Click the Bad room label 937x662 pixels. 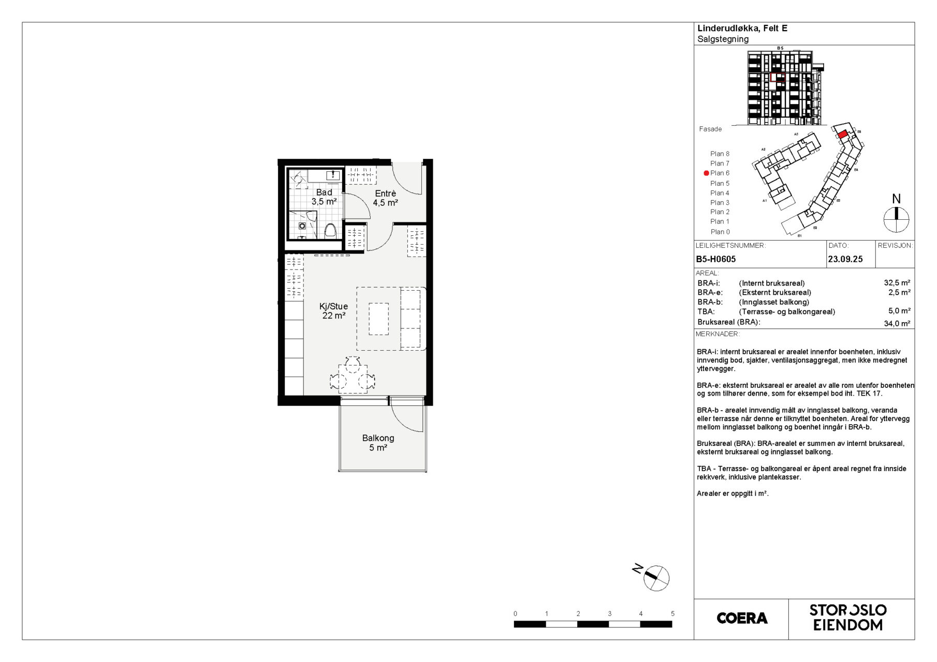click(x=324, y=192)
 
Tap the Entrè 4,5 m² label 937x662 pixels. click(x=385, y=198)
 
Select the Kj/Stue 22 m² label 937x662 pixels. click(x=333, y=311)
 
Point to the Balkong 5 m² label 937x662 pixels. click(x=378, y=443)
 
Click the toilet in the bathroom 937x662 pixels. click(x=330, y=231)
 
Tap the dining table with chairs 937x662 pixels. click(x=353, y=374)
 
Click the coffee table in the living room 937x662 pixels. click(x=378, y=319)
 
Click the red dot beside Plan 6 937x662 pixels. click(x=706, y=173)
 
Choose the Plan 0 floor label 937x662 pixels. click(x=720, y=232)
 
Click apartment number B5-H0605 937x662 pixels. click(x=715, y=259)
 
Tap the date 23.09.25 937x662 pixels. click(x=845, y=259)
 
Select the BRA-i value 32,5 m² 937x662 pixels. click(x=897, y=283)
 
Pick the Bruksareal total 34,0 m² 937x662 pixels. click(x=897, y=323)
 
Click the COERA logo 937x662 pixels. click(x=742, y=618)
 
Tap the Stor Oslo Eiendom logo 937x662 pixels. click(x=848, y=618)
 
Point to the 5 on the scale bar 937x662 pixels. click(x=672, y=614)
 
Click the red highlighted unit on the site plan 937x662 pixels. click(x=843, y=134)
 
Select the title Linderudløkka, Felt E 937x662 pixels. click(x=742, y=28)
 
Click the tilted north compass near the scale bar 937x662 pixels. click(x=655, y=577)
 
